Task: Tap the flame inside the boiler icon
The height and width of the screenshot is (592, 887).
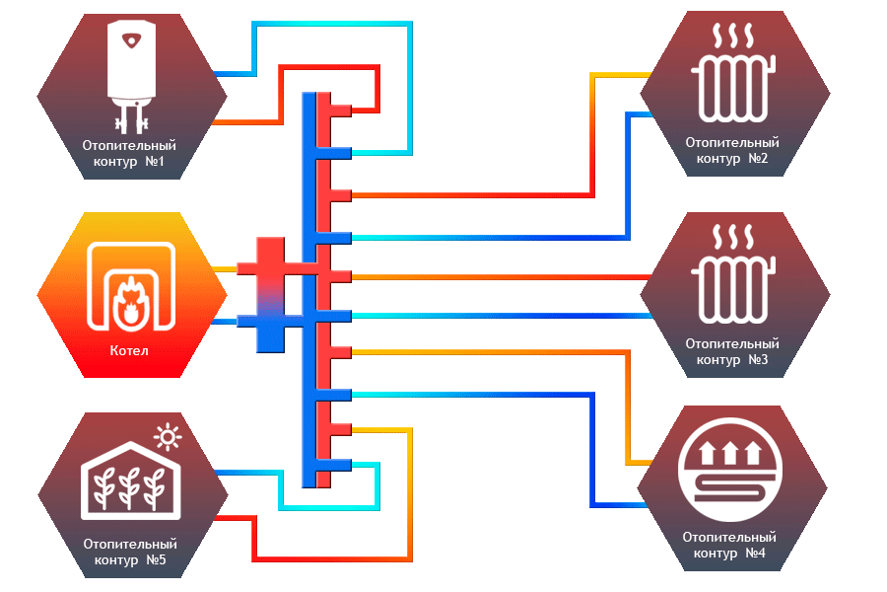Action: pos(126,296)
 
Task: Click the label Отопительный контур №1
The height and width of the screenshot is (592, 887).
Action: pos(130,153)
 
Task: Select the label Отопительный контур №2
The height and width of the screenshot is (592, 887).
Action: pos(732,150)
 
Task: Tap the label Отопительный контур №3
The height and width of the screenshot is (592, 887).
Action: pos(732,351)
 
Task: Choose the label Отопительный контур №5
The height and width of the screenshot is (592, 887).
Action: pos(130,552)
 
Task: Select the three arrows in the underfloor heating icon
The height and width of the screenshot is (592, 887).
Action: pos(731,453)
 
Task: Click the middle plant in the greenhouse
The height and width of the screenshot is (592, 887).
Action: pos(129,486)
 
